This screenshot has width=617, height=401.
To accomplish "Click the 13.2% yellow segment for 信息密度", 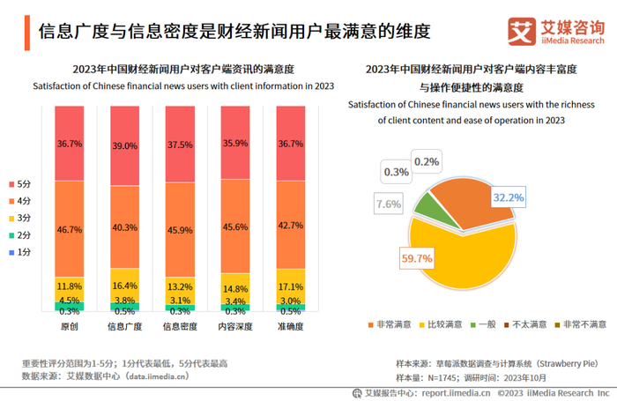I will (180, 286).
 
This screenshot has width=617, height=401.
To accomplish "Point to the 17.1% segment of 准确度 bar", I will (290, 287).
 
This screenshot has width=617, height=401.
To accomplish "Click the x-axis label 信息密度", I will (180, 325).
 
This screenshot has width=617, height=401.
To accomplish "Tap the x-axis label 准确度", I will (290, 325).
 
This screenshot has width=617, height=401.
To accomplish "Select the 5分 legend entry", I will (22, 184).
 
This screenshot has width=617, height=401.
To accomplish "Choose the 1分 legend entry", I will (22, 252).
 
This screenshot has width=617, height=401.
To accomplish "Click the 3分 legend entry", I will (22, 218).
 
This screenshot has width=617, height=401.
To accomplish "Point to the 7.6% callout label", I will (389, 204).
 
